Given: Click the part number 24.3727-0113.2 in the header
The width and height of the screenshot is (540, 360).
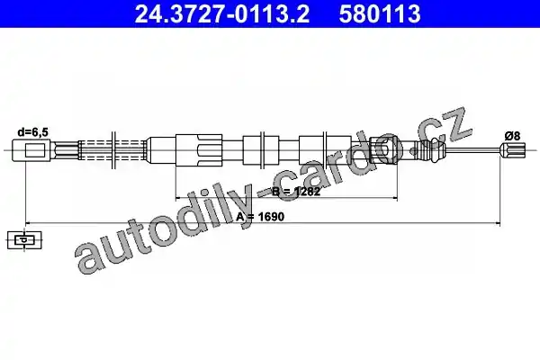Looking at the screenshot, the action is [x=222, y=13].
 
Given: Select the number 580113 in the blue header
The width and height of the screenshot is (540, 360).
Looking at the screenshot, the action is [x=380, y=13].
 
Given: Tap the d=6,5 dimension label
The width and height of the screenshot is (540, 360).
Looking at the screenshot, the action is [x=33, y=132].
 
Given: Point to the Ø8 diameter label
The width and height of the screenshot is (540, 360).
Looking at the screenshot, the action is [x=512, y=136].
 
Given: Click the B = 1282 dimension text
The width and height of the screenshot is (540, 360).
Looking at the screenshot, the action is [x=296, y=192].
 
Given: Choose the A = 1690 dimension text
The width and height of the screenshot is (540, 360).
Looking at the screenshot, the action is [x=260, y=217].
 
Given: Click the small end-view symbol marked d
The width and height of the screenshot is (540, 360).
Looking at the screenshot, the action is [x=24, y=240].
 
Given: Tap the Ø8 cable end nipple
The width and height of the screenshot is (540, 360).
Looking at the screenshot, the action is [x=513, y=150].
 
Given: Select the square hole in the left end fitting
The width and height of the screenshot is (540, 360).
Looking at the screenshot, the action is [x=35, y=150].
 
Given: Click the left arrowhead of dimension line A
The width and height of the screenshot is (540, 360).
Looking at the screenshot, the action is [x=28, y=223].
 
